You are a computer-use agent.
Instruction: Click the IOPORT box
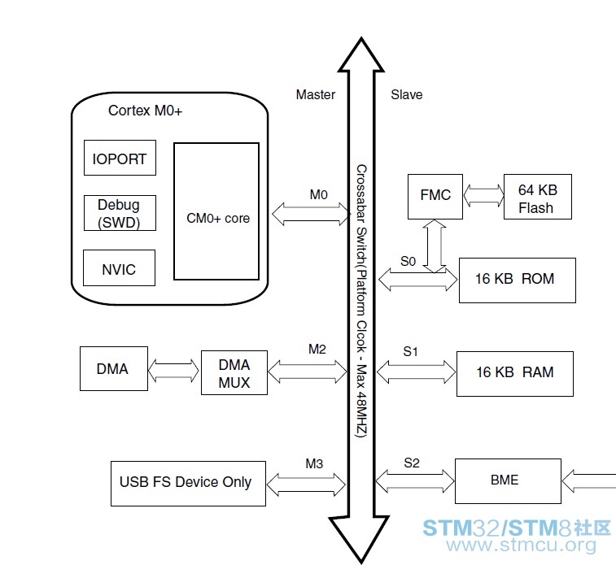point(120,158)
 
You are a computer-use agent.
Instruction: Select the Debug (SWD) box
point(120,213)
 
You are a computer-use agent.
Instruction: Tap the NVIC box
point(119,268)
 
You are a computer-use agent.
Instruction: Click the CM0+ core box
point(216,211)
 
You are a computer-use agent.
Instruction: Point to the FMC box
point(435,197)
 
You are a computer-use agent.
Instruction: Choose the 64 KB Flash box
point(538,197)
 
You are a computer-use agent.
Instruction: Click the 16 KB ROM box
point(518,280)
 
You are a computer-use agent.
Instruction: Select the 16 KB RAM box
point(515,374)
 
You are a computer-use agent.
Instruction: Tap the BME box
point(508,481)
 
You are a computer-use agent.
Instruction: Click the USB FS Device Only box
point(188,484)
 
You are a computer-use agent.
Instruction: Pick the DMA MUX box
point(234,373)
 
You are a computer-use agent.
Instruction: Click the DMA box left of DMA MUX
point(114,369)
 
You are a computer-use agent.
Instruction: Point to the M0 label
point(319,194)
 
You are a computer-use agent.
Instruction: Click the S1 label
point(410,351)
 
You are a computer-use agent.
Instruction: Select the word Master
point(316,94)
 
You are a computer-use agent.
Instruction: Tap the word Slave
point(407,94)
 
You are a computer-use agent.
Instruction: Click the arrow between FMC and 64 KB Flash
point(483,195)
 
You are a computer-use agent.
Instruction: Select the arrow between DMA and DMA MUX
point(173,371)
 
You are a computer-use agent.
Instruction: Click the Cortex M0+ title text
point(146,111)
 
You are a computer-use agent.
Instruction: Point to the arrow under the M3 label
point(306,485)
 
